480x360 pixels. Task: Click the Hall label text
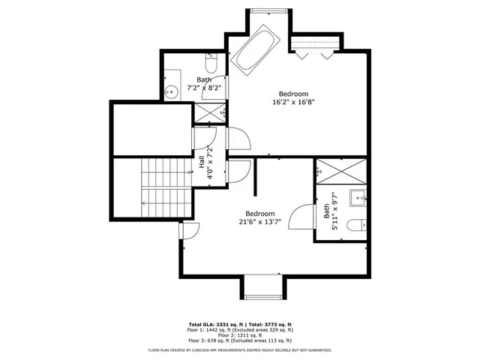click(202, 161)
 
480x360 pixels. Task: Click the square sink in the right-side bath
click(357, 199)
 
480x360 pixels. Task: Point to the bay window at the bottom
click(263, 286)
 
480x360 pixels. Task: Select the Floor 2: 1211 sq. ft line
click(240, 334)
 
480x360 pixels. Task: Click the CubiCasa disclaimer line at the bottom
click(240, 349)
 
